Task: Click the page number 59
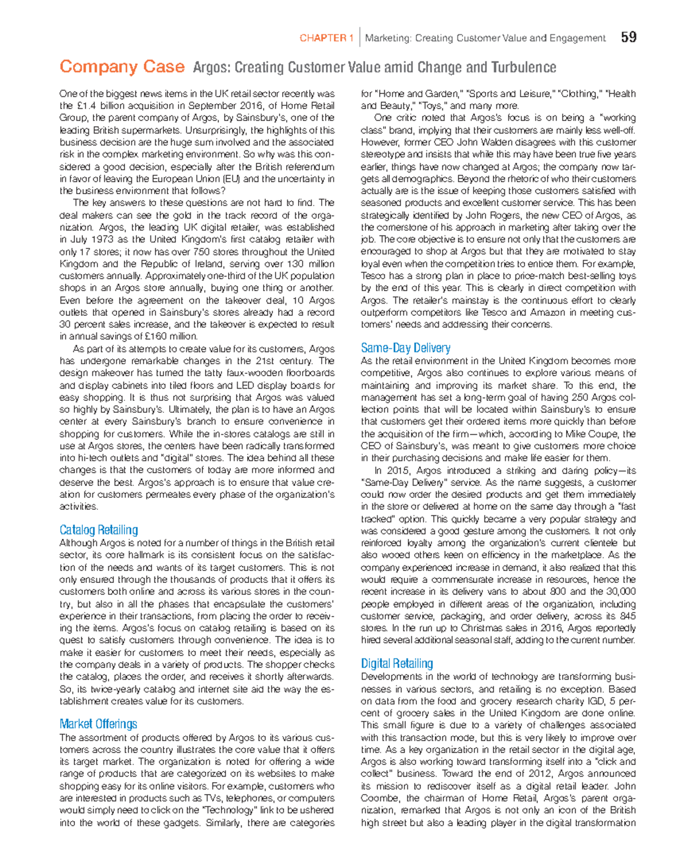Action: click(629, 37)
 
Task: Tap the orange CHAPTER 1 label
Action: click(326, 38)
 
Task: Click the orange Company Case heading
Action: click(122, 67)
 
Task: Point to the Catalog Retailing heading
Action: click(99, 530)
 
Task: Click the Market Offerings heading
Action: click(98, 724)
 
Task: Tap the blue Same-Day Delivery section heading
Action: click(405, 348)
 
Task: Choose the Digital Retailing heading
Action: click(397, 663)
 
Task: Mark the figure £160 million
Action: click(168, 337)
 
